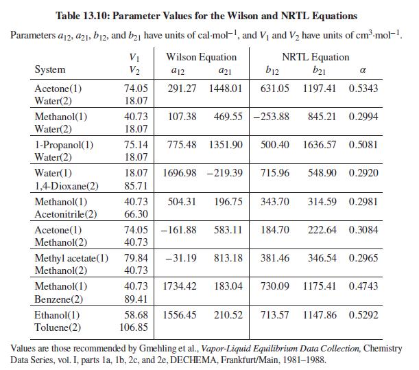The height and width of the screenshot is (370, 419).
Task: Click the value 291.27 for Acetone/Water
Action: tap(182, 89)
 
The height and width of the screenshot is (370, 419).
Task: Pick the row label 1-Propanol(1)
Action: tap(64, 145)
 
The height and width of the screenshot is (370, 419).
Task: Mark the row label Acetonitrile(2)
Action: tap(66, 213)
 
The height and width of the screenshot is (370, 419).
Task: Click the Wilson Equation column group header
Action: tap(202, 57)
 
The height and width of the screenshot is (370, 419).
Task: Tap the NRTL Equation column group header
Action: tap(315, 57)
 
